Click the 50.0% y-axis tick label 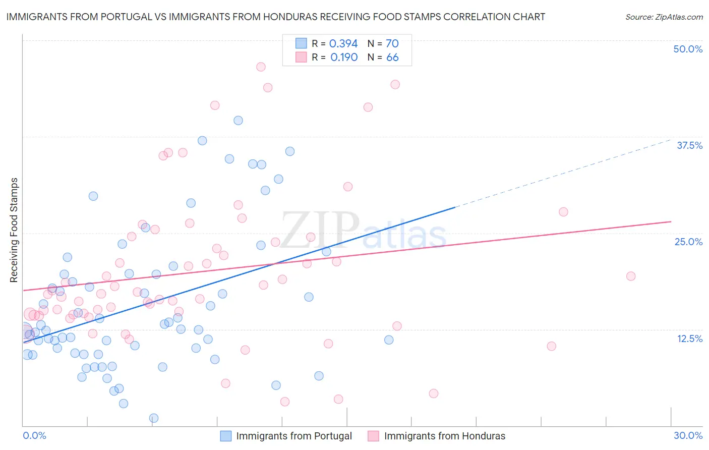[688, 49]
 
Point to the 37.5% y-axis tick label [689, 145]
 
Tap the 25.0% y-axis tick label [688, 242]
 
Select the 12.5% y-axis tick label [689, 339]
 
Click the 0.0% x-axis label [34, 435]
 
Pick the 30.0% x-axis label [688, 435]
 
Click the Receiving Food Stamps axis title [14, 230]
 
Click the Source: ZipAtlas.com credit [664, 17]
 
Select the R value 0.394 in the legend [343, 43]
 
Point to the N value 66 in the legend [392, 57]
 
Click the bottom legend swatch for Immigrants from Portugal [226, 436]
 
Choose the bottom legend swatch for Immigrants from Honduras [373, 436]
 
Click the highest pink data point [261, 67]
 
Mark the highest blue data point [238, 120]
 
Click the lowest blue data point [154, 418]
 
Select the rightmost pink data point [631, 276]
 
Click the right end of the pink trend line [671, 221]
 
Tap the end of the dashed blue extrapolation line [671, 139]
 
